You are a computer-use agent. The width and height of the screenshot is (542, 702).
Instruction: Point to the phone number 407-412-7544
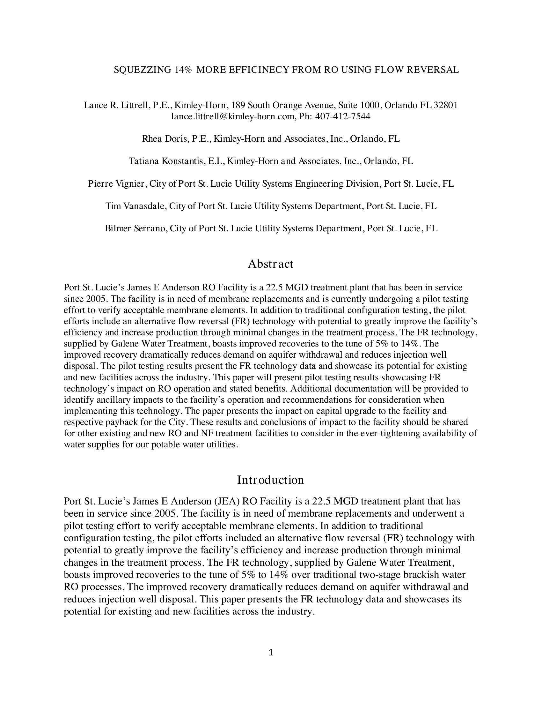coord(343,116)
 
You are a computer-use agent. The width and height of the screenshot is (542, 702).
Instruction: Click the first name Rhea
coord(152,139)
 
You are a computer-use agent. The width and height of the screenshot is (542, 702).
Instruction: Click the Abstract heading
coord(271,264)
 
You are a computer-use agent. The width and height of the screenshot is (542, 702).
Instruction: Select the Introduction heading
coord(271,480)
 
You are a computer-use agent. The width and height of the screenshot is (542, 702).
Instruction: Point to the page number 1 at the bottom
coord(271,653)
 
